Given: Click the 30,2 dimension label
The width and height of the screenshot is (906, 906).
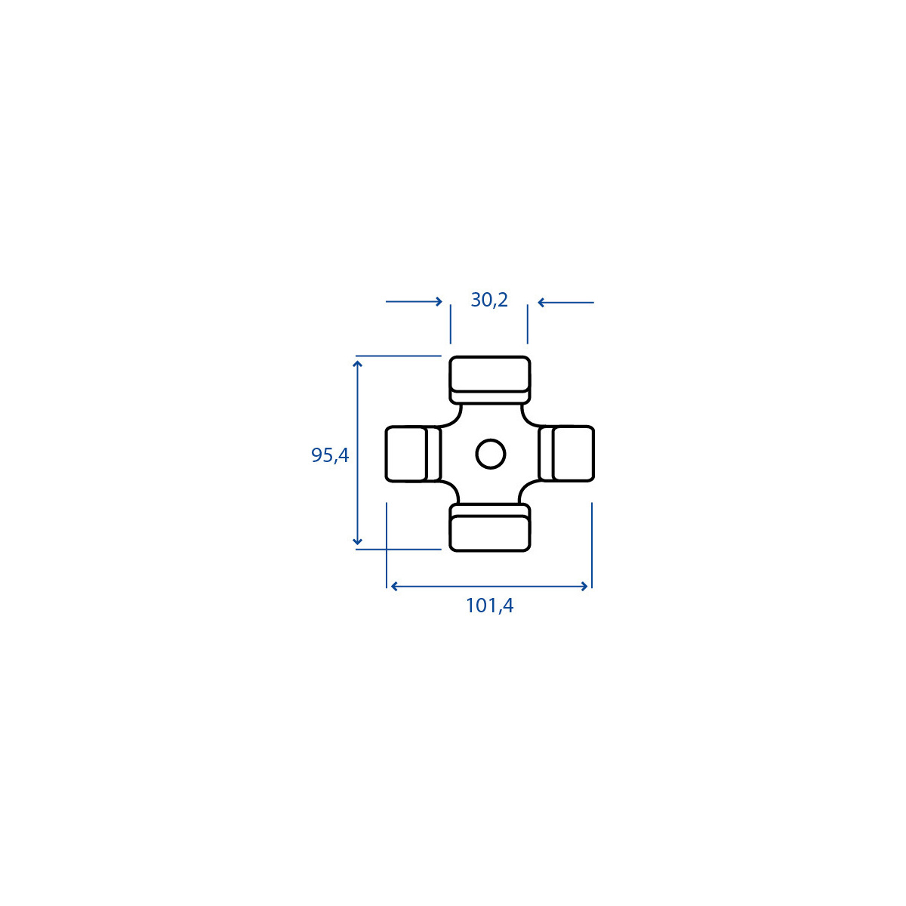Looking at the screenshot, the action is pyautogui.click(x=489, y=300).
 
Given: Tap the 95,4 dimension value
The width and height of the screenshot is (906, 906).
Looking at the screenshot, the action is pyautogui.click(x=330, y=455).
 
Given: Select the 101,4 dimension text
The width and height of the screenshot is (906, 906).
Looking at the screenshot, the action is pyautogui.click(x=489, y=606).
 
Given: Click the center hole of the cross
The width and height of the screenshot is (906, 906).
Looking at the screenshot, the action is pyautogui.click(x=491, y=454).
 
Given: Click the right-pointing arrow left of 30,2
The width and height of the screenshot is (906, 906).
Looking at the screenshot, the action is pyautogui.click(x=414, y=301).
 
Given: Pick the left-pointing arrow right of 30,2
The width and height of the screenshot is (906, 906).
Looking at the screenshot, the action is pyautogui.click(x=565, y=302).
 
